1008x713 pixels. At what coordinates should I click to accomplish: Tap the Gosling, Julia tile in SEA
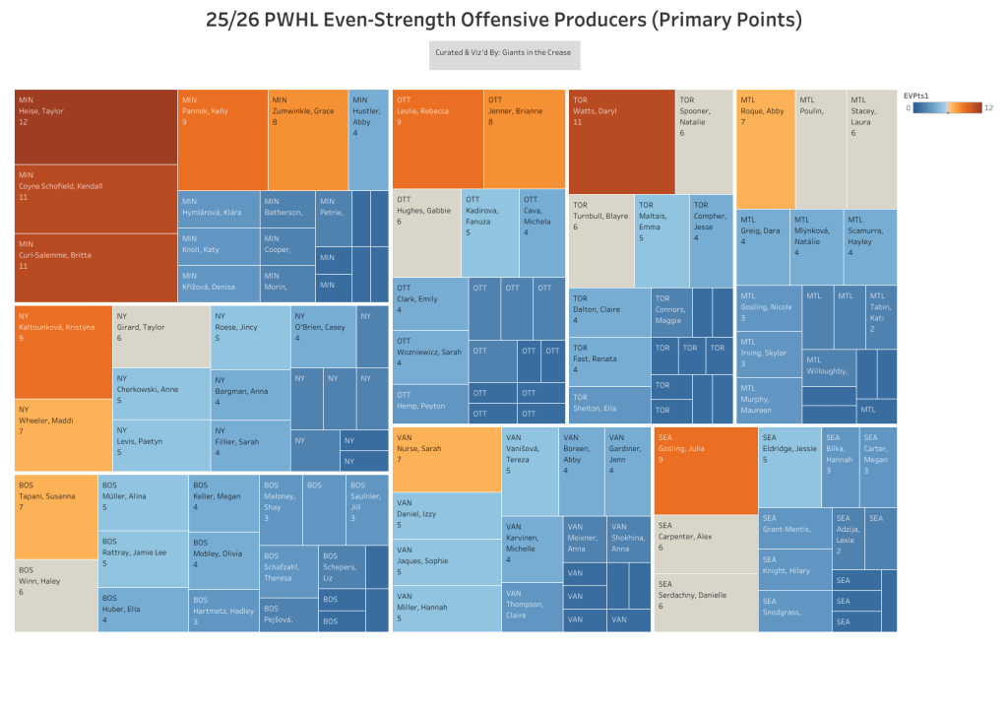tap(706, 470)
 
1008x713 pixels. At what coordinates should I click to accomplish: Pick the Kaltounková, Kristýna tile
tap(63, 352)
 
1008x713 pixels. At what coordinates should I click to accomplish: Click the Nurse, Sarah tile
tap(447, 459)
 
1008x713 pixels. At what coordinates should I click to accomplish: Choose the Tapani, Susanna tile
tap(56, 516)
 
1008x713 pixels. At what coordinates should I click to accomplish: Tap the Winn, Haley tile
tap(56, 595)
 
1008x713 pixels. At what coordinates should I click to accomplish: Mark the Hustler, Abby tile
tap(369, 139)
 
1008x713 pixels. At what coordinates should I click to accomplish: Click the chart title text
tap(504, 21)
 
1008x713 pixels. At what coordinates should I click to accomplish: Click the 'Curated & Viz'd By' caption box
tap(504, 55)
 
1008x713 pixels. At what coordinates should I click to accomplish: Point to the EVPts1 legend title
tap(916, 95)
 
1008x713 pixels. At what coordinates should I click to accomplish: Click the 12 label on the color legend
tap(987, 107)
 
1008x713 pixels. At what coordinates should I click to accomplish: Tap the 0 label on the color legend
tap(908, 107)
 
